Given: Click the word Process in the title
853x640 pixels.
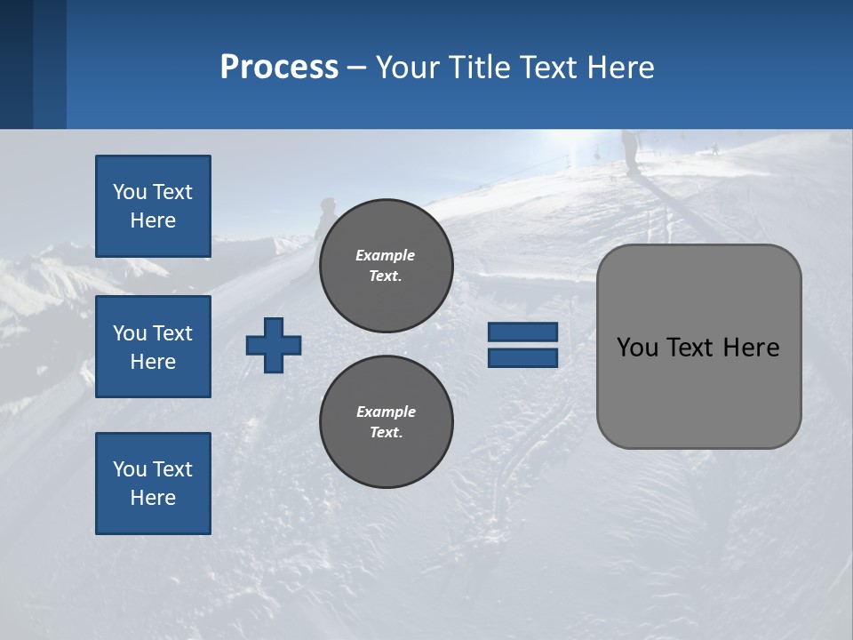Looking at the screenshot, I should click(x=279, y=68).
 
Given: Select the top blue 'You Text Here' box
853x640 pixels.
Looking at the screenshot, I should click(x=153, y=206).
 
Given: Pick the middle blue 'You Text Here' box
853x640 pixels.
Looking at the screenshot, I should click(x=153, y=347).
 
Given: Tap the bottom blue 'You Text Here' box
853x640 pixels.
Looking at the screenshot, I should click(x=153, y=484).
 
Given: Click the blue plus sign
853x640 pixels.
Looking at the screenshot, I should click(x=274, y=345).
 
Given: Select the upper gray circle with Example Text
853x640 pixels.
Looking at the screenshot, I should click(x=386, y=265).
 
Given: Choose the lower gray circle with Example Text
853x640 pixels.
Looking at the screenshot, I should click(x=386, y=421).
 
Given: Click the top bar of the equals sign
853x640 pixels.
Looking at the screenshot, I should click(x=522, y=332).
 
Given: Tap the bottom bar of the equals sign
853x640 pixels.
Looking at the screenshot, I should click(x=522, y=357).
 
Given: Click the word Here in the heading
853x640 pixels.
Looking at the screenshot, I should click(x=619, y=68).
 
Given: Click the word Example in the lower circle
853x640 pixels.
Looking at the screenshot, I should click(x=386, y=412).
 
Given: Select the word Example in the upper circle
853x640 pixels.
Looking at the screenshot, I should click(x=386, y=255).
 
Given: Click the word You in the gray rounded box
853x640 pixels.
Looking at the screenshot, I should click(x=636, y=348).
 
